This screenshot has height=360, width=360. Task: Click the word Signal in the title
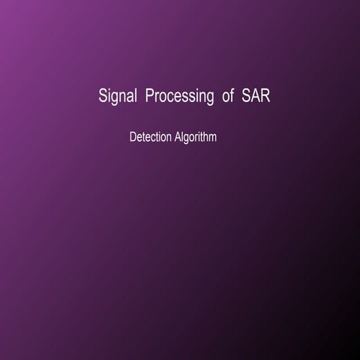pos(117,97)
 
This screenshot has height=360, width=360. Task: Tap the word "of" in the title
pos(228,97)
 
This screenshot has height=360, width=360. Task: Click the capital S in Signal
pos(103,97)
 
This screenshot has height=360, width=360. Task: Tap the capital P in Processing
pos(150,97)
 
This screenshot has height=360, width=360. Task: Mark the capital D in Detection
pos(133,138)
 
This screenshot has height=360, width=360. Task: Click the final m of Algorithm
pos(213,139)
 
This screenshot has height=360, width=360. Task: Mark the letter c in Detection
pos(152,139)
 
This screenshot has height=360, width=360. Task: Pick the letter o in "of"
pos(226,98)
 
